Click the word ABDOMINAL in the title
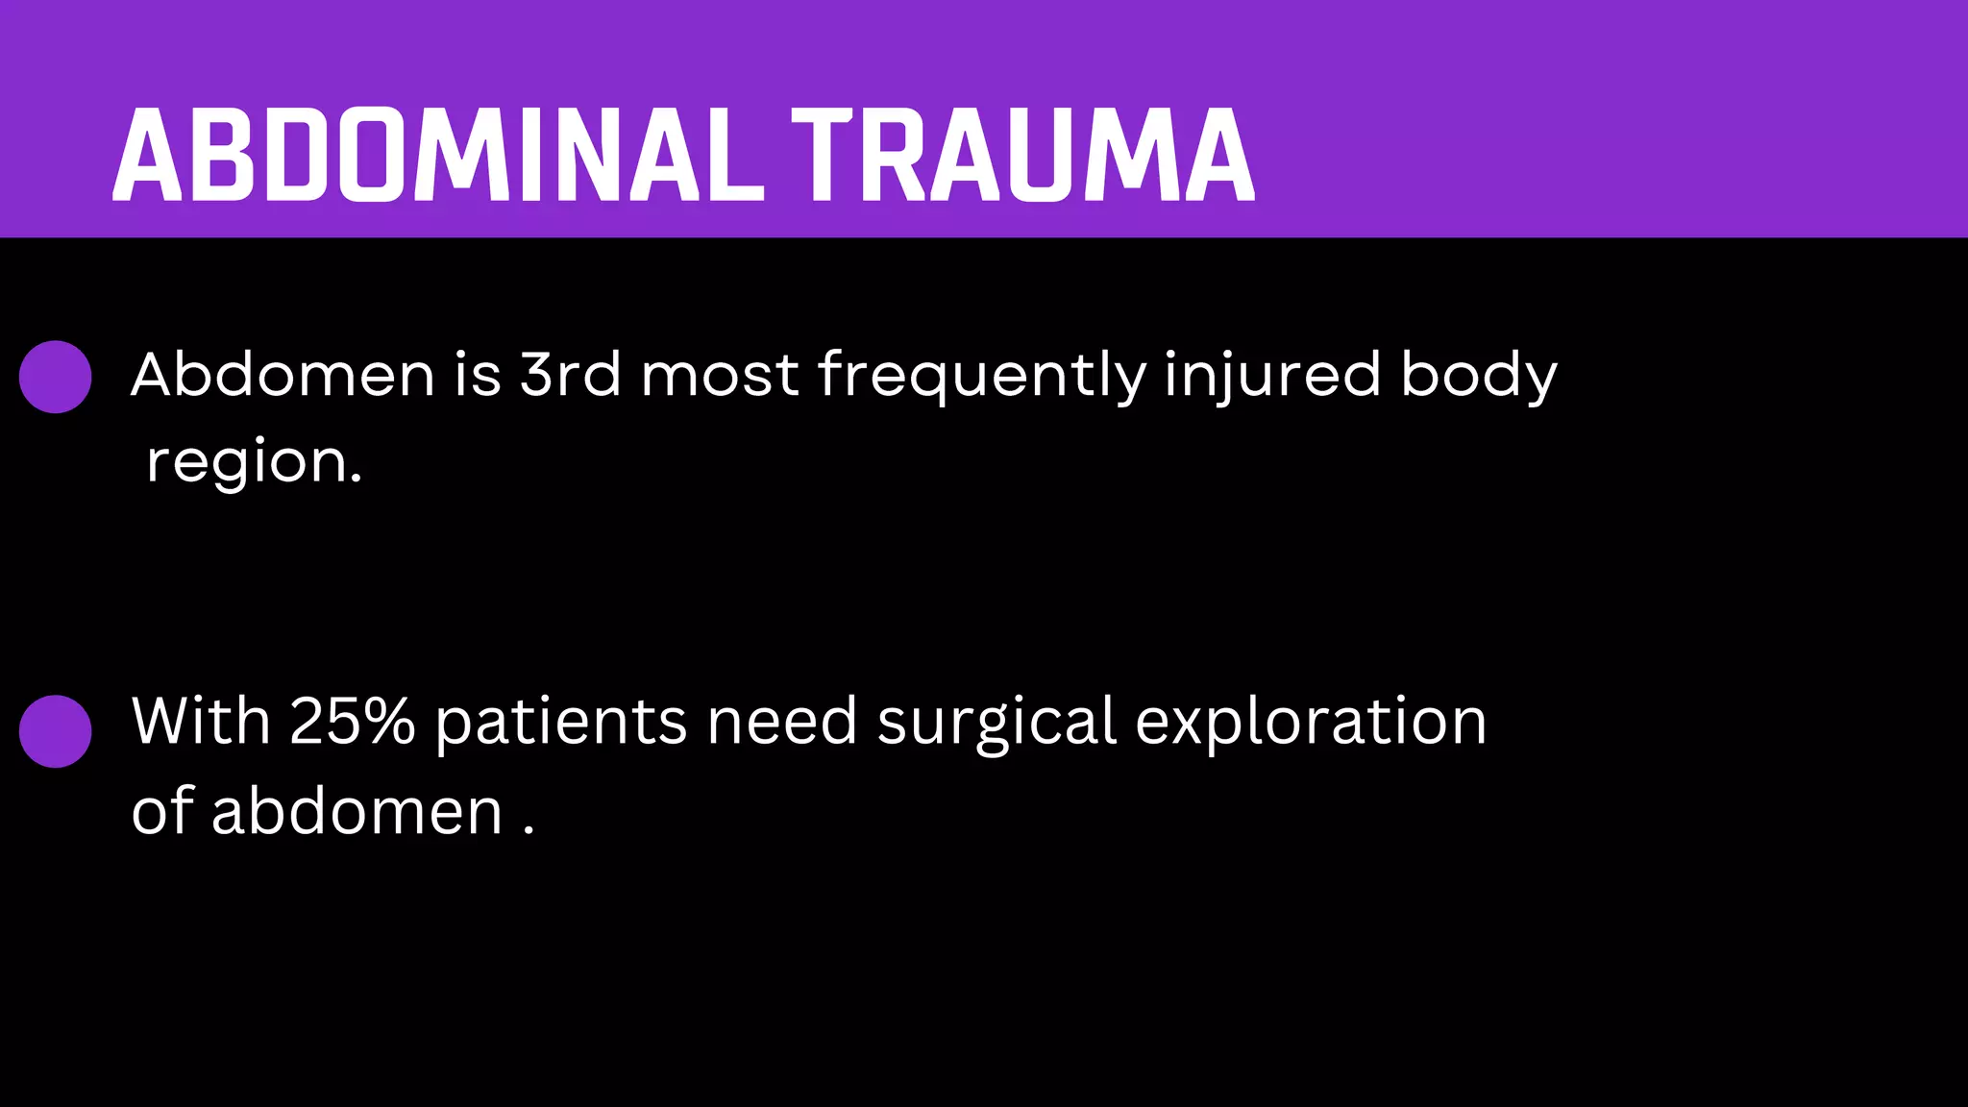pos(438,156)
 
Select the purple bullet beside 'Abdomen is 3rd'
pos(56,377)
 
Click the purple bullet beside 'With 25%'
pos(56,731)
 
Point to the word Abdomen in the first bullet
pos(283,374)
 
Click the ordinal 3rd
pos(571,374)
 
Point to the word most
pos(720,375)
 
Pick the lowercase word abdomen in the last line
pos(357,811)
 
